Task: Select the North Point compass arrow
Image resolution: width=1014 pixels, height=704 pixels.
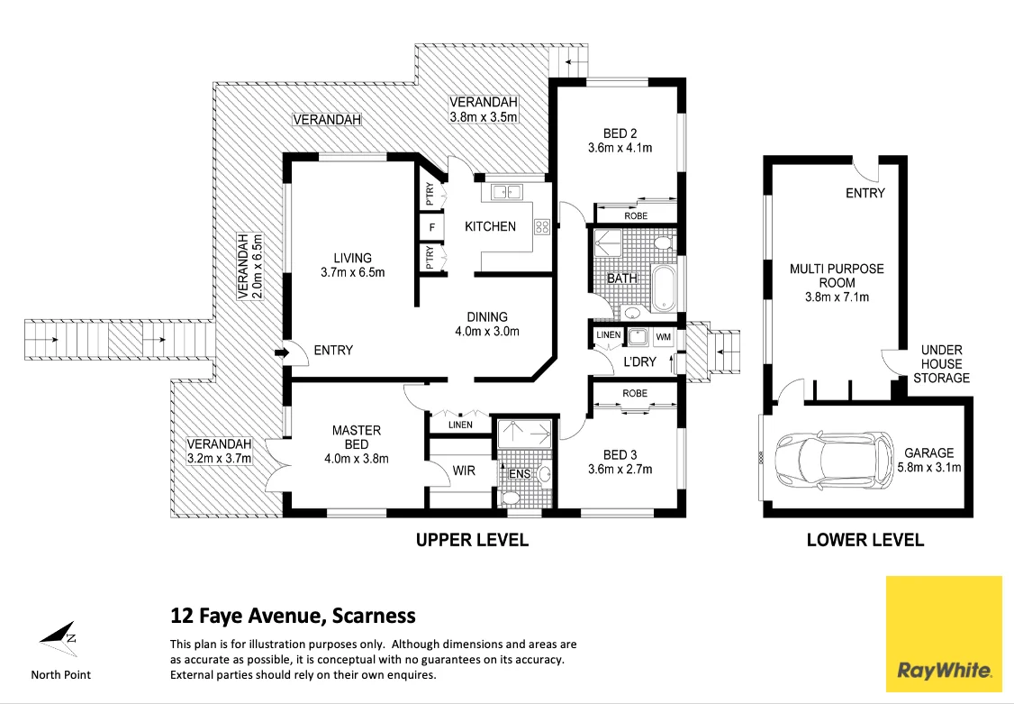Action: click(x=58, y=637)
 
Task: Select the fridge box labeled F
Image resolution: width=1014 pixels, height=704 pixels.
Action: click(x=432, y=227)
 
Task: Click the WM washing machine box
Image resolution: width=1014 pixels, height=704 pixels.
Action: click(x=665, y=337)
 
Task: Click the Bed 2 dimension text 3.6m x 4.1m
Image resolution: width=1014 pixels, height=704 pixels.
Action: click(x=620, y=148)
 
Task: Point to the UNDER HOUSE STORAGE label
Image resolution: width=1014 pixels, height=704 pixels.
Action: click(x=941, y=364)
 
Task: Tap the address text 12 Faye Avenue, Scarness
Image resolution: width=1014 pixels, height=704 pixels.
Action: click(x=293, y=617)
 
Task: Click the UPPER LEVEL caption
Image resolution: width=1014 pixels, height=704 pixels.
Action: click(x=471, y=541)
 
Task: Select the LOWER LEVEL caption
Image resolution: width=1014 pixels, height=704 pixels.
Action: click(x=865, y=541)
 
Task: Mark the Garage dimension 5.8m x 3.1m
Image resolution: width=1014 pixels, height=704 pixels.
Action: click(x=928, y=467)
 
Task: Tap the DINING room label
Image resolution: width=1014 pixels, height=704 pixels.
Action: click(x=487, y=316)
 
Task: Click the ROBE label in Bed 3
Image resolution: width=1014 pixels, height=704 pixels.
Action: click(x=634, y=393)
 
